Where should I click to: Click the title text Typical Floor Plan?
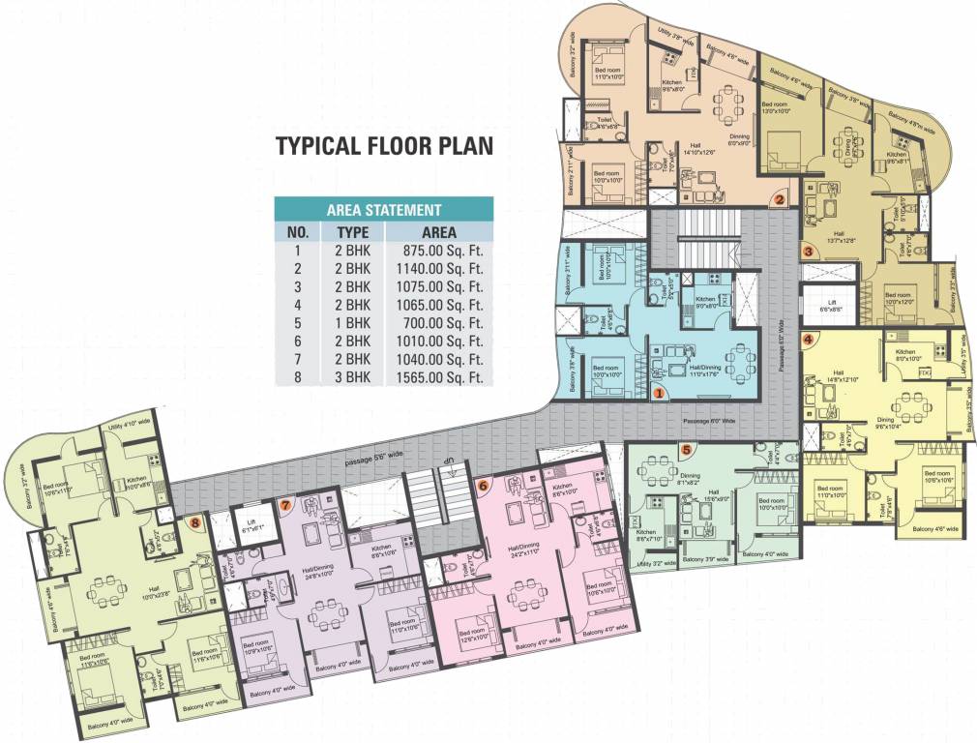(x=384, y=146)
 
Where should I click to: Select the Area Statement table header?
(x=384, y=209)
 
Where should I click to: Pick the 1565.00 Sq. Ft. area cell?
(x=441, y=377)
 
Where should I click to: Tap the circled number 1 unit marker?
(x=659, y=393)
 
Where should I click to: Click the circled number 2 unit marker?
(x=778, y=200)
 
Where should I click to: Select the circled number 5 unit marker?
(x=686, y=449)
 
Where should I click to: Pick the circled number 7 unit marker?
(x=285, y=504)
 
